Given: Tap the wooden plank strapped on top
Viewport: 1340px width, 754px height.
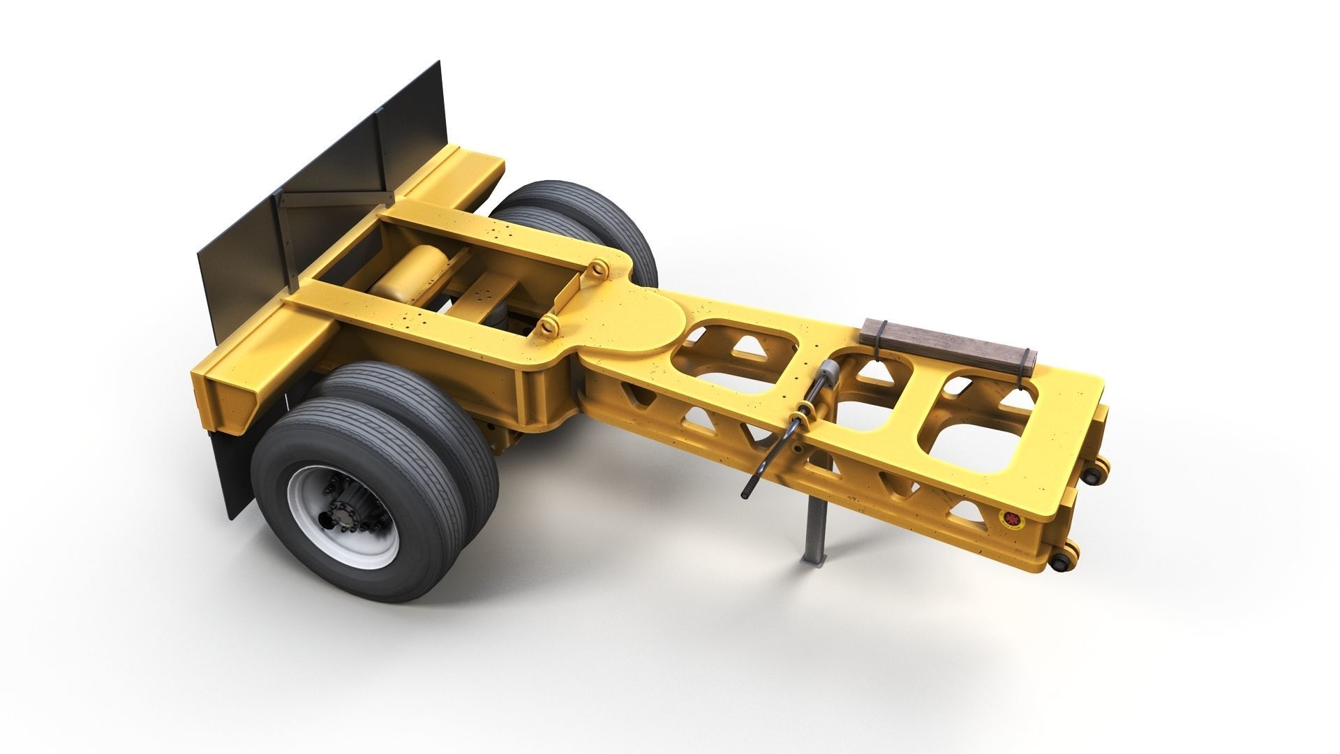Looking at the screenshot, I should (x=949, y=342).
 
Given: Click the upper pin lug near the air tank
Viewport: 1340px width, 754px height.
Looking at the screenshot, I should (x=599, y=268).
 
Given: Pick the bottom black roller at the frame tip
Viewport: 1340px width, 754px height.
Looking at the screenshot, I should (x=1061, y=561).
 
